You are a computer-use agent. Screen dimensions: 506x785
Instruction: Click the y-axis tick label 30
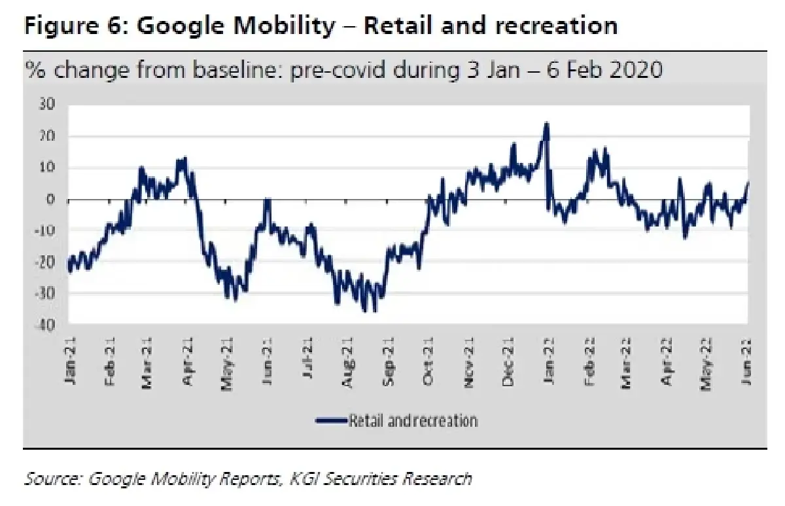pos(47,105)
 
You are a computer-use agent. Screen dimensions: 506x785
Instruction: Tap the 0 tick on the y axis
pos(51,200)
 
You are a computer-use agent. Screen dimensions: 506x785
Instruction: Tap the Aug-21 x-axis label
pos(348,361)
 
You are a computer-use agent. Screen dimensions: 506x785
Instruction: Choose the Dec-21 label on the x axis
pos(508,361)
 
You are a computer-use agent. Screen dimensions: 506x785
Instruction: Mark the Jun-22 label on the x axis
pos(746,361)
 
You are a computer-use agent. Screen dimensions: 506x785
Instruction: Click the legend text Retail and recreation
pos(413,420)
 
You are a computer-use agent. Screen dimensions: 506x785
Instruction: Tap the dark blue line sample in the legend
pos(332,420)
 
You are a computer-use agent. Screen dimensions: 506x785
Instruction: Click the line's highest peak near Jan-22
pos(546,124)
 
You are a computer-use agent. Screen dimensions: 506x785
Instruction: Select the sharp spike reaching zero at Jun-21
pos(267,200)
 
